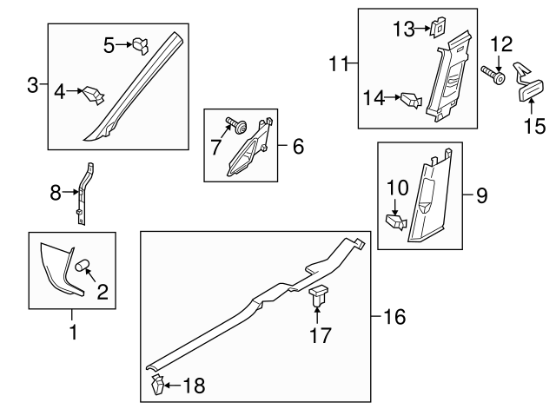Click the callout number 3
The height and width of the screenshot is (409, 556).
[32, 85]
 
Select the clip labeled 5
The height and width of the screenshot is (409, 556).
[142, 45]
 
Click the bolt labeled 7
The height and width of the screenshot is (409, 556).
[235, 127]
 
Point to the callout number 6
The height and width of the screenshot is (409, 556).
[298, 147]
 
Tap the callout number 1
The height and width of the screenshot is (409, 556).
[73, 332]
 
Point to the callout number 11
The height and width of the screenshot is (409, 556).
[338, 63]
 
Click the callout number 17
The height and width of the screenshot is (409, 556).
[321, 334]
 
